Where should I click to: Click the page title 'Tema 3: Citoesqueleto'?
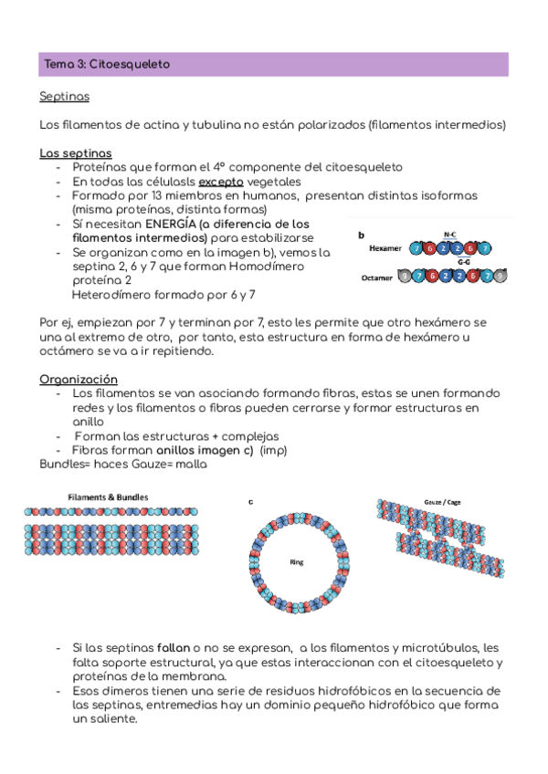coord(106,65)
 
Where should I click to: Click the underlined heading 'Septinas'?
coord(64,96)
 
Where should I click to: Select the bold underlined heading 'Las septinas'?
coord(76,152)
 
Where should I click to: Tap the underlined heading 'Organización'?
coord(79,379)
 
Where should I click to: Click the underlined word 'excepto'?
coord(221,181)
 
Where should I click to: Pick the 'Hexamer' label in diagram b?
coord(386,248)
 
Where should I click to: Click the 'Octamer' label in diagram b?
coord(378,277)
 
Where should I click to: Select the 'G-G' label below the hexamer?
coord(464,262)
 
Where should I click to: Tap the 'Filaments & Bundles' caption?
coord(108,497)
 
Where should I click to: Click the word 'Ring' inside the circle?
coord(296,562)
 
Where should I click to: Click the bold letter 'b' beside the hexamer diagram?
coord(361,235)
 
